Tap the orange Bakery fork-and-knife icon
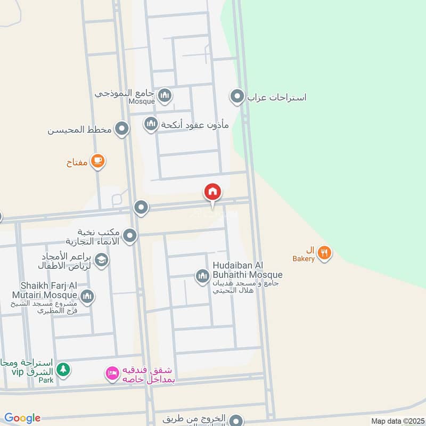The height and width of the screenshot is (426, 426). (324, 252)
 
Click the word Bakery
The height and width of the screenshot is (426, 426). (304, 259)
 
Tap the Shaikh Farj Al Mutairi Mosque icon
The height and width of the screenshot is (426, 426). (88, 296)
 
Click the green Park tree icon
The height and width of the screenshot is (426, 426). (63, 369)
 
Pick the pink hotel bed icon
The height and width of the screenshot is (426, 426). (112, 374)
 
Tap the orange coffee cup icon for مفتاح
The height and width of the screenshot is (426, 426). (97, 160)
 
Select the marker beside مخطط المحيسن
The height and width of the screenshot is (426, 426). (122, 128)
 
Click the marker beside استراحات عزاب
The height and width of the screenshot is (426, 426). (236, 97)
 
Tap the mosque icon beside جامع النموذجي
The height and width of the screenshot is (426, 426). (165, 96)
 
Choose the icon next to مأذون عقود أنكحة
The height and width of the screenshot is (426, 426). (151, 125)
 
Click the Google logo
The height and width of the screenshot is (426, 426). (22, 419)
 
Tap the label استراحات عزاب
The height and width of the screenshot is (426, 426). (277, 97)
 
